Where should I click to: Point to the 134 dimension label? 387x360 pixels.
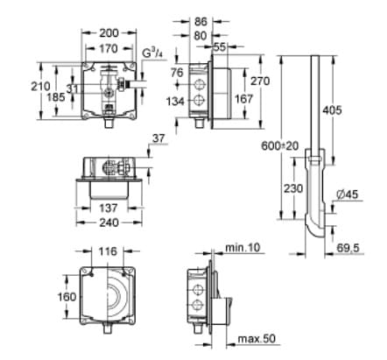pyautogui.click(x=176, y=101)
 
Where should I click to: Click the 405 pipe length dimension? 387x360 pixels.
pyautogui.click(x=354, y=110)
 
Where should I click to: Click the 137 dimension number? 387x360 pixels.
pyautogui.click(x=108, y=208)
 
